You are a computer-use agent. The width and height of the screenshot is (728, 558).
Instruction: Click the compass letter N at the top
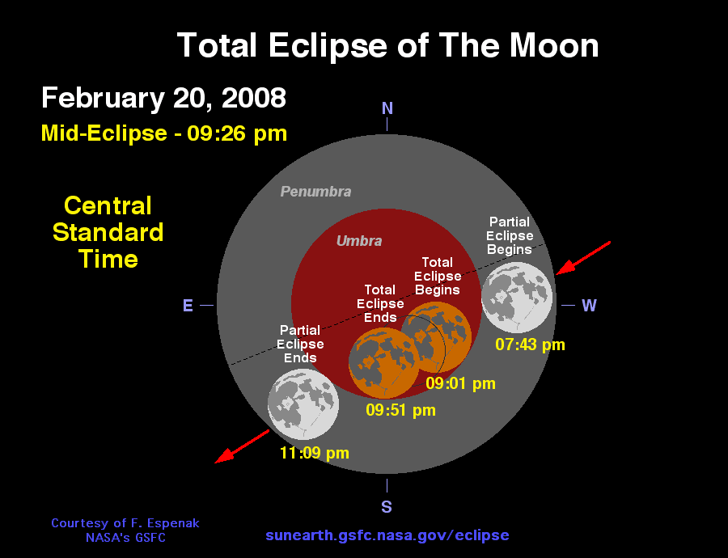click(x=387, y=108)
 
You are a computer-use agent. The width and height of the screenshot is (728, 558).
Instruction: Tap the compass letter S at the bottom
click(x=387, y=507)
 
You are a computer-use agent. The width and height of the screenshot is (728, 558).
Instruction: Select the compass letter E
click(x=188, y=306)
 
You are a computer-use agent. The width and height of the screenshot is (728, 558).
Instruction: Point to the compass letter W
click(x=589, y=306)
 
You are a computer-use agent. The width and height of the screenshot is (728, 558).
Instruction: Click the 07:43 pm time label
click(x=530, y=345)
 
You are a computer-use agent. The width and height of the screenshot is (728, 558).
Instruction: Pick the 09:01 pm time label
click(x=460, y=383)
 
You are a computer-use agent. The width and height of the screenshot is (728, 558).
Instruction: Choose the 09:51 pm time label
click(x=400, y=410)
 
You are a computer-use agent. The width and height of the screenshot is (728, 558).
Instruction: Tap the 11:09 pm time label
click(x=314, y=453)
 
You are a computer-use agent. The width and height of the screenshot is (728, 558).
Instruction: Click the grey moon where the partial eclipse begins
click(x=517, y=297)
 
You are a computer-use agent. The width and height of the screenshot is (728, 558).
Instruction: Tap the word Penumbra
click(x=315, y=192)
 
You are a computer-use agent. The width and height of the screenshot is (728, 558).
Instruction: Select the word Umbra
click(x=359, y=241)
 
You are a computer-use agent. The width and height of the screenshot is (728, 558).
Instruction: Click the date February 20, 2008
click(x=163, y=98)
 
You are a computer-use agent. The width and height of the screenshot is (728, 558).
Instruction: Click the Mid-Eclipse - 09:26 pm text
click(x=164, y=133)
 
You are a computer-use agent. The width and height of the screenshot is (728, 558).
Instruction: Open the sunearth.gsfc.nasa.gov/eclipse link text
click(x=387, y=535)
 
